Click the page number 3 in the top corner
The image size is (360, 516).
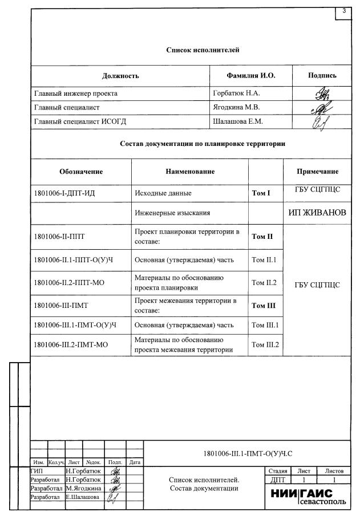344,11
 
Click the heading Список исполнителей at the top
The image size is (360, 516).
203,50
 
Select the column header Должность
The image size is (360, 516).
120,75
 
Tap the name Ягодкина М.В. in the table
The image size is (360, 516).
236,107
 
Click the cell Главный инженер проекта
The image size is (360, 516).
76,92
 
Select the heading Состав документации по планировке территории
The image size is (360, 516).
203,144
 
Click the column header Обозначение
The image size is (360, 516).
81,171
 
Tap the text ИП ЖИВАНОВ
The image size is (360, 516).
318,213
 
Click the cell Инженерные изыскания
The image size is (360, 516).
172,213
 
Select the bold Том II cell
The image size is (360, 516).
263,236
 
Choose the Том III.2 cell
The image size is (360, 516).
264,344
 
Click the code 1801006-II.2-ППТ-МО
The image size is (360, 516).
69,282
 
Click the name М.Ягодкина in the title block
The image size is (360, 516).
83,489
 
